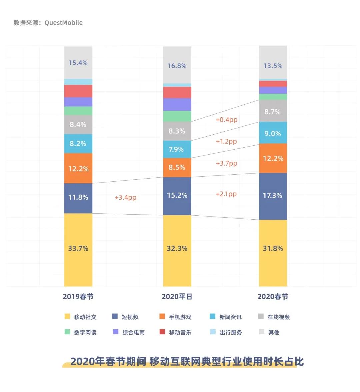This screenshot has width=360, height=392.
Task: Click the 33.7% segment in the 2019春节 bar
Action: (78, 249)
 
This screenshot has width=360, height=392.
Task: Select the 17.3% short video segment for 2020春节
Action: (273, 196)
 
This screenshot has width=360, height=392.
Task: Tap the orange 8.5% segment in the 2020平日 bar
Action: (177, 167)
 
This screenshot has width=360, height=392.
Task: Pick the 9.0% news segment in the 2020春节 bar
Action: (273, 133)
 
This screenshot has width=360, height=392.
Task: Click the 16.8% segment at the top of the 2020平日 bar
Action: (177, 66)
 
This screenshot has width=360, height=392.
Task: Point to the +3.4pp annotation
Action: (125, 197)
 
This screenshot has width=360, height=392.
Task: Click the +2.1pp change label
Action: (226, 194)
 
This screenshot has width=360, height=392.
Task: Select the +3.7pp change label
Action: (226, 163)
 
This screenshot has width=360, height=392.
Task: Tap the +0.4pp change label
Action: (226, 120)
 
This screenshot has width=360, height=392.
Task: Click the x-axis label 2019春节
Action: (78, 297)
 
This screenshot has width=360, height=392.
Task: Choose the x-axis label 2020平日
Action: (177, 297)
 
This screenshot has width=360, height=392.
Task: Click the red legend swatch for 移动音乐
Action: (162, 332)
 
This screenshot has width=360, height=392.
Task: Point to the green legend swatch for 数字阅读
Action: (67, 332)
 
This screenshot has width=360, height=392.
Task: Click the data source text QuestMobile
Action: (63, 23)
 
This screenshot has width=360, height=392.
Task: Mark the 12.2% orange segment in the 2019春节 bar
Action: (78, 169)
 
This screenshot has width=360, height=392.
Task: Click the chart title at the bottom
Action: (187, 362)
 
